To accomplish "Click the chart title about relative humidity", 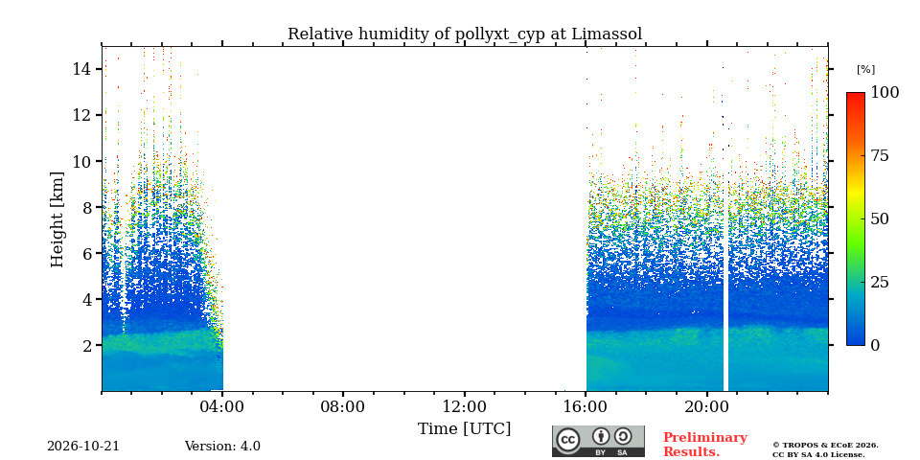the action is [465, 34].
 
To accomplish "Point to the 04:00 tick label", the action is [222, 406].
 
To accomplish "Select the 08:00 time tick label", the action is [343, 406].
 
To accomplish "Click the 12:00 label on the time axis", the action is [465, 406].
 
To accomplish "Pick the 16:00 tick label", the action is [586, 406].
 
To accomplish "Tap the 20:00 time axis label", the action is [707, 406].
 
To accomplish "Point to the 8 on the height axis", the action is [88, 207].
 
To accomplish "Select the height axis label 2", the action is [88, 346].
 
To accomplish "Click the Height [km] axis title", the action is [57, 219].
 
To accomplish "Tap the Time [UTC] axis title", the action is [465, 429].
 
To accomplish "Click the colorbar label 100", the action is [885, 92].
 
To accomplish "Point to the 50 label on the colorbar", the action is [880, 218].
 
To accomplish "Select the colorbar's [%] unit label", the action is [866, 70].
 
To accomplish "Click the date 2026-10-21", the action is [83, 447].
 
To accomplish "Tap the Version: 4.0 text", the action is [222, 447].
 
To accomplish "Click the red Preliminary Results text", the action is [705, 445].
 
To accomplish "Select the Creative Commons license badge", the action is [598, 441].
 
